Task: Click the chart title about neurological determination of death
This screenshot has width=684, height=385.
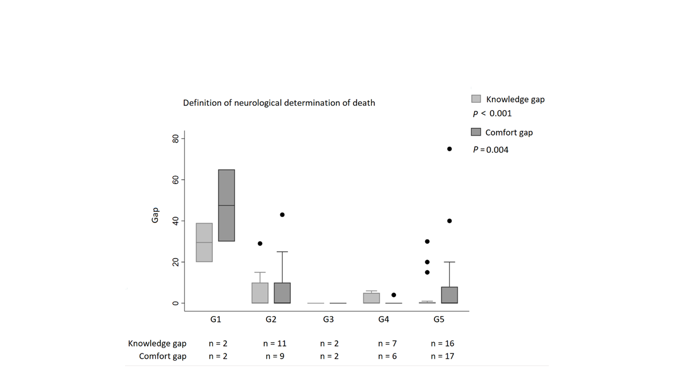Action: coord(279,103)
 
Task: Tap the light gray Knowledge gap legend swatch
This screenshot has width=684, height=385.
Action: coord(476,99)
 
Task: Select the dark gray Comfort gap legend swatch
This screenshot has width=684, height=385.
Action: coord(476,132)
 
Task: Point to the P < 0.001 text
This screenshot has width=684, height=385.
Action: coord(492,113)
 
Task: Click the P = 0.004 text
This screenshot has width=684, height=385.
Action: coord(491,150)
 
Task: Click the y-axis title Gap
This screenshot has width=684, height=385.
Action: coord(155,216)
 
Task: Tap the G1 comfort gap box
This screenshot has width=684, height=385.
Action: coord(227,205)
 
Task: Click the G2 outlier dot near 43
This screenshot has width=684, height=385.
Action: coord(282,214)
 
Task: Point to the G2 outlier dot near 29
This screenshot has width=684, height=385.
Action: coord(260,243)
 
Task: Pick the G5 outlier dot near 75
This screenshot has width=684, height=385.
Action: coord(449,149)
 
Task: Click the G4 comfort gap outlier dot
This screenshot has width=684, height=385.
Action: coord(394,295)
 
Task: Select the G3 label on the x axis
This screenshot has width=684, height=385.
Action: coord(328,320)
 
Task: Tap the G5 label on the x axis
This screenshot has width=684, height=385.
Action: coord(439,320)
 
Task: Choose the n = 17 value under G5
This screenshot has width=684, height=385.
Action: coord(442,356)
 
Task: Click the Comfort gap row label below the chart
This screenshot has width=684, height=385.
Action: coord(162,356)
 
